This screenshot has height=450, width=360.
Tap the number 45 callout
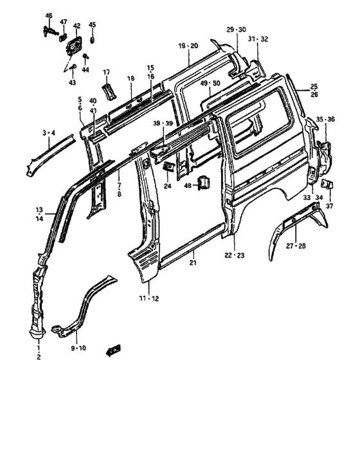point(92,25)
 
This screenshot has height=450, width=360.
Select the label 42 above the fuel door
point(76,26)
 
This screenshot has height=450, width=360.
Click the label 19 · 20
point(188,46)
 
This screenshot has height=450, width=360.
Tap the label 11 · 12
point(149,298)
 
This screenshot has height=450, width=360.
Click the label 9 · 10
point(78,348)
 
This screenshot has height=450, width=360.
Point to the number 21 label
point(192,263)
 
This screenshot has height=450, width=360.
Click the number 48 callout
point(188,185)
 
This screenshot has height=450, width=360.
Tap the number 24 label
point(167,187)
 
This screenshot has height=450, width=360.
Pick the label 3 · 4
point(49,133)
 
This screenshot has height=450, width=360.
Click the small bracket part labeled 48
point(204,183)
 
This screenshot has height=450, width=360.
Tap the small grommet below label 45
point(92,40)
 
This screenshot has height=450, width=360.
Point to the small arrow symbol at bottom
point(116,348)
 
